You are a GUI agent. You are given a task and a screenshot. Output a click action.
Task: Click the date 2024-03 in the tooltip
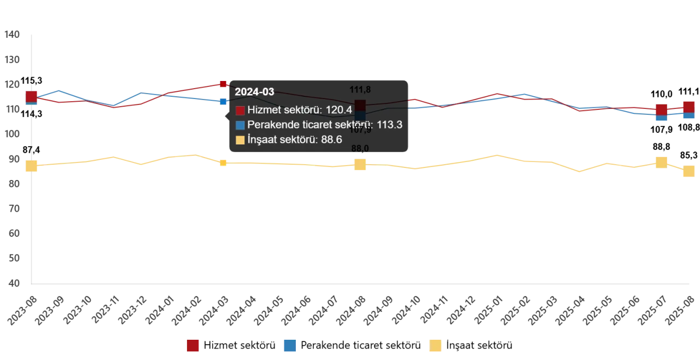(254, 92)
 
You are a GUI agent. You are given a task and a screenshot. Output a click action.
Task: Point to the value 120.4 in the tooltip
(339, 110)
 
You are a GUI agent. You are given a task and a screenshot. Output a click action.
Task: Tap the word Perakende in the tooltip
(269, 125)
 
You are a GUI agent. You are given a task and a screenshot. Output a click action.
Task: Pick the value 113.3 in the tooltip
(389, 125)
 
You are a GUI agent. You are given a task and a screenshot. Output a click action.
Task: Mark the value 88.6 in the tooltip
(331, 140)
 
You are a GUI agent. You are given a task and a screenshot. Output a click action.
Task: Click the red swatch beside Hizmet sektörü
(240, 111)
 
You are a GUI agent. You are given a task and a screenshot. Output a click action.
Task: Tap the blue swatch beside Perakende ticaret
(240, 125)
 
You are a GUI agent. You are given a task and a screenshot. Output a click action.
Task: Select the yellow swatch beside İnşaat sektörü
(240, 140)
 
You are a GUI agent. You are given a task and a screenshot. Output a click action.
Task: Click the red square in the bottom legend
(192, 346)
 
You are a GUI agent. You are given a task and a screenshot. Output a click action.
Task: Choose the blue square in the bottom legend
(289, 346)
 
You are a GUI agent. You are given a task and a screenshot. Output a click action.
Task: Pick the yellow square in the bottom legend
(435, 346)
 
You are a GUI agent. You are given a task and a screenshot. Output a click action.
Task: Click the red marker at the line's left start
(32, 97)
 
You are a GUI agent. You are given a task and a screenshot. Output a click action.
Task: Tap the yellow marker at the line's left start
(32, 166)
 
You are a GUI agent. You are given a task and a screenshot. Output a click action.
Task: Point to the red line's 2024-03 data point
(223, 83)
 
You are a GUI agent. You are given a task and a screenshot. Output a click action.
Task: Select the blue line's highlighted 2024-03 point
(223, 101)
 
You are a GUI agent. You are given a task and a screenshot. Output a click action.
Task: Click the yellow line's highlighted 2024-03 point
(223, 162)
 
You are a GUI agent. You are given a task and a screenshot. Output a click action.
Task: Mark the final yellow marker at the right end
(689, 171)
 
